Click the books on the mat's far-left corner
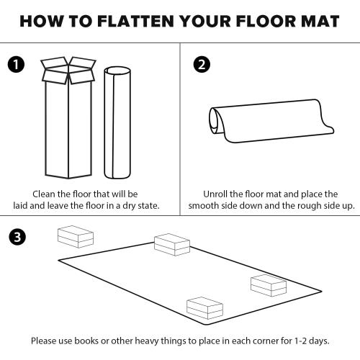pyautogui.click(x=75, y=236)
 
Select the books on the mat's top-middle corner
pyautogui.click(x=171, y=243)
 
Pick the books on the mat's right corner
pyautogui.click(x=269, y=284)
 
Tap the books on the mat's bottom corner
pyautogui.click(x=204, y=307)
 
